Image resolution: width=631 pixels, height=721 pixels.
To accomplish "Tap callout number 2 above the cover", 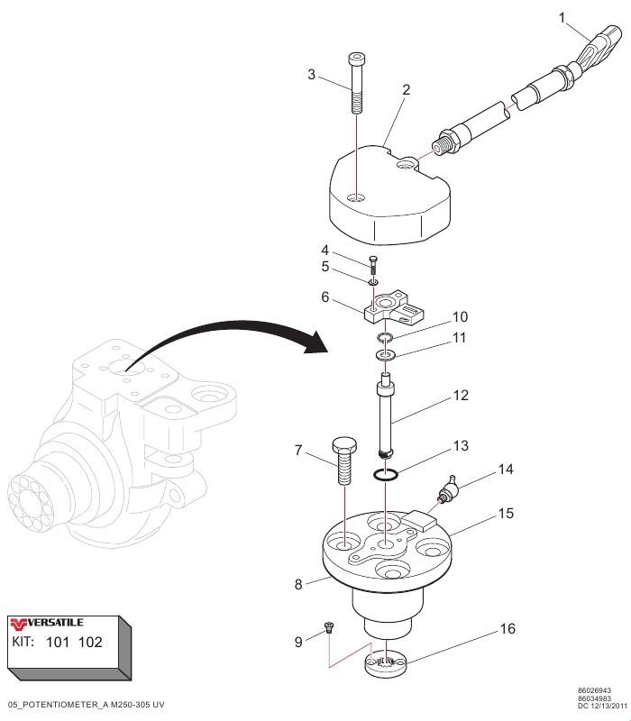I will (x=407, y=90).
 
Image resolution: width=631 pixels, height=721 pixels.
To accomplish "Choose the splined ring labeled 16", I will (x=387, y=667).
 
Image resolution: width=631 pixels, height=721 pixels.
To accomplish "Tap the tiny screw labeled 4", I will (x=373, y=263).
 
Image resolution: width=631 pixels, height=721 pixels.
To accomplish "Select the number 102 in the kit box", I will (x=88, y=643).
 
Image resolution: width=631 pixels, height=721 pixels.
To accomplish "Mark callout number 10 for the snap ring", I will (x=460, y=317).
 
